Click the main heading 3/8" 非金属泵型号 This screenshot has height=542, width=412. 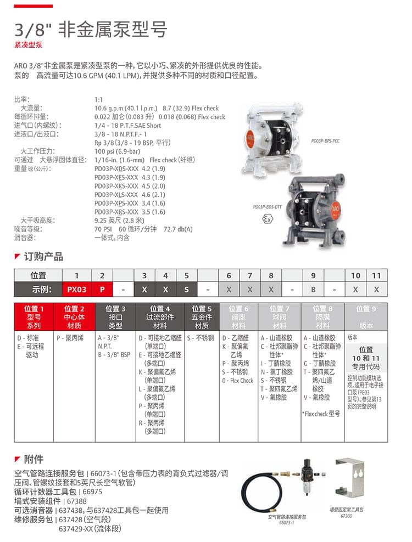click(90, 29)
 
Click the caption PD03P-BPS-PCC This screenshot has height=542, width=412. click(325, 141)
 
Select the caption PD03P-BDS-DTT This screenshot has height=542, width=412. click(267, 207)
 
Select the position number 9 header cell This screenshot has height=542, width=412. click(313, 275)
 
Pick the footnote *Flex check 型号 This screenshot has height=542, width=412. click(321, 414)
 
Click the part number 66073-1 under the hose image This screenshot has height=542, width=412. click(286, 523)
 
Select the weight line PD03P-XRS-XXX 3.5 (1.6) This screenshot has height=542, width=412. click(130, 212)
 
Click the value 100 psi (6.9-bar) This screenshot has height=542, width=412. click(118, 151)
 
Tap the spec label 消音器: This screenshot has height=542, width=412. click(24, 238)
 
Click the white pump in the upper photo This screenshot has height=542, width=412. click(272, 135)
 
